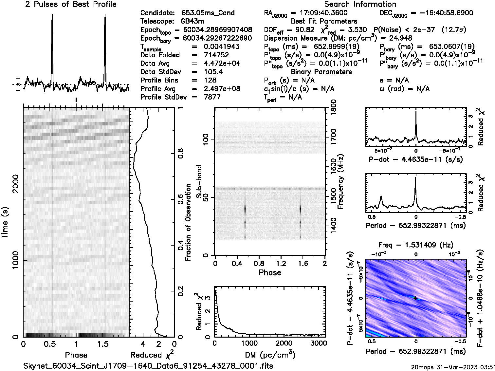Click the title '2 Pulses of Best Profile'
[x=71, y=4]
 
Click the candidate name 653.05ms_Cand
[x=208, y=13]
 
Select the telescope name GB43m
[x=193, y=21]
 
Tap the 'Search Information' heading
[x=360, y=4]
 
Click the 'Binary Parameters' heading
[x=321, y=72]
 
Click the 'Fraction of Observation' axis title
[x=188, y=222]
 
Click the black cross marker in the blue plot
[x=415, y=298]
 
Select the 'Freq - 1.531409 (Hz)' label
[x=415, y=245]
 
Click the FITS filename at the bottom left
[x=148, y=365]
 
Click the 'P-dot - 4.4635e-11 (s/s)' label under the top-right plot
[x=416, y=160]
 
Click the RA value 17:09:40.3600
[x=319, y=13]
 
